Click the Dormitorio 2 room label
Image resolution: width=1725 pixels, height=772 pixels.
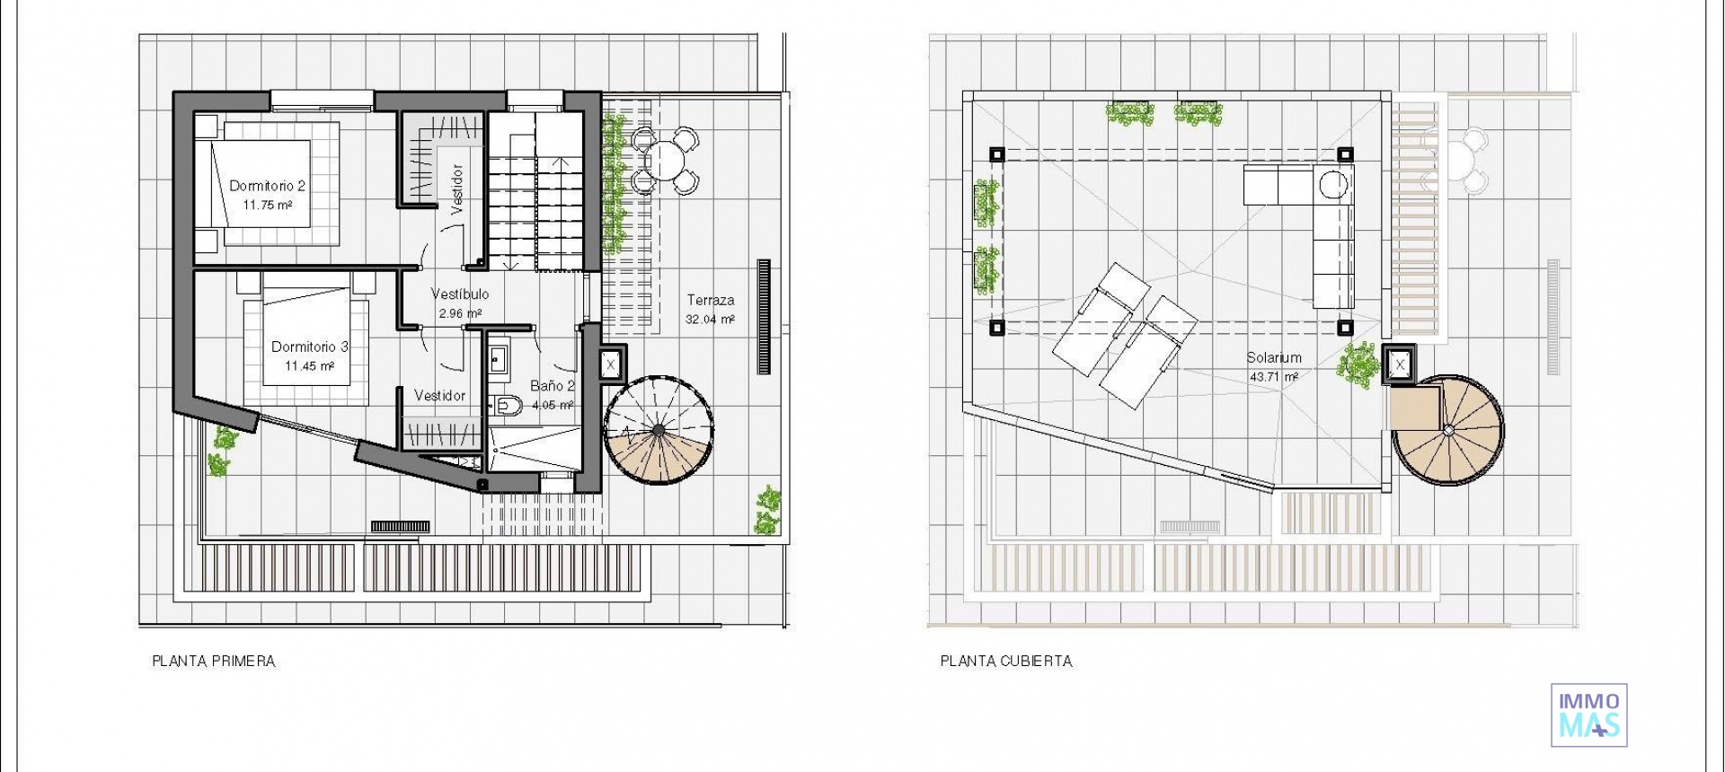[267, 186]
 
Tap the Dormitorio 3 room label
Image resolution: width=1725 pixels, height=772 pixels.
[309, 347]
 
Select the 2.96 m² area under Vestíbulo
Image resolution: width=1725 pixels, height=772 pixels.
[460, 313]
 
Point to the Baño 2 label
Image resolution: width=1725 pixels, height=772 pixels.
[552, 386]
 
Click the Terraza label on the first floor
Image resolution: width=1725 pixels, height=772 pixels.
[711, 300]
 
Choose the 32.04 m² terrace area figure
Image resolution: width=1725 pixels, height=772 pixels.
[710, 319]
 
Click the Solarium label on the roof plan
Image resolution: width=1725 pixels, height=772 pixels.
[1273, 357]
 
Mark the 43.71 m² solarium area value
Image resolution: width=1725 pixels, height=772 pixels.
[1273, 377]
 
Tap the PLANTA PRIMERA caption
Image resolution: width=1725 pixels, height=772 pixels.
[214, 662]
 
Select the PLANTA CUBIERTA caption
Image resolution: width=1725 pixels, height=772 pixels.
[1006, 662]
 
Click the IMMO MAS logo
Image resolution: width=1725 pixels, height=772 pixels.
[1588, 715]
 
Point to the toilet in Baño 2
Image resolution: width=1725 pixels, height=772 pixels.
[508, 406]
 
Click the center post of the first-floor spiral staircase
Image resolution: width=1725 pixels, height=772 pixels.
[659, 431]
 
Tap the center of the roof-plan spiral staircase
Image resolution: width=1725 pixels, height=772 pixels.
[1447, 431]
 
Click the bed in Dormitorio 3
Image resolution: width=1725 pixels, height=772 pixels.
[305, 346]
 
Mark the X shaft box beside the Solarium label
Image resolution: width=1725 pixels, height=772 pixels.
[1400, 364]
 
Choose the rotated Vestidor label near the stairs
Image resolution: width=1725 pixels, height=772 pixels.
[456, 189]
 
